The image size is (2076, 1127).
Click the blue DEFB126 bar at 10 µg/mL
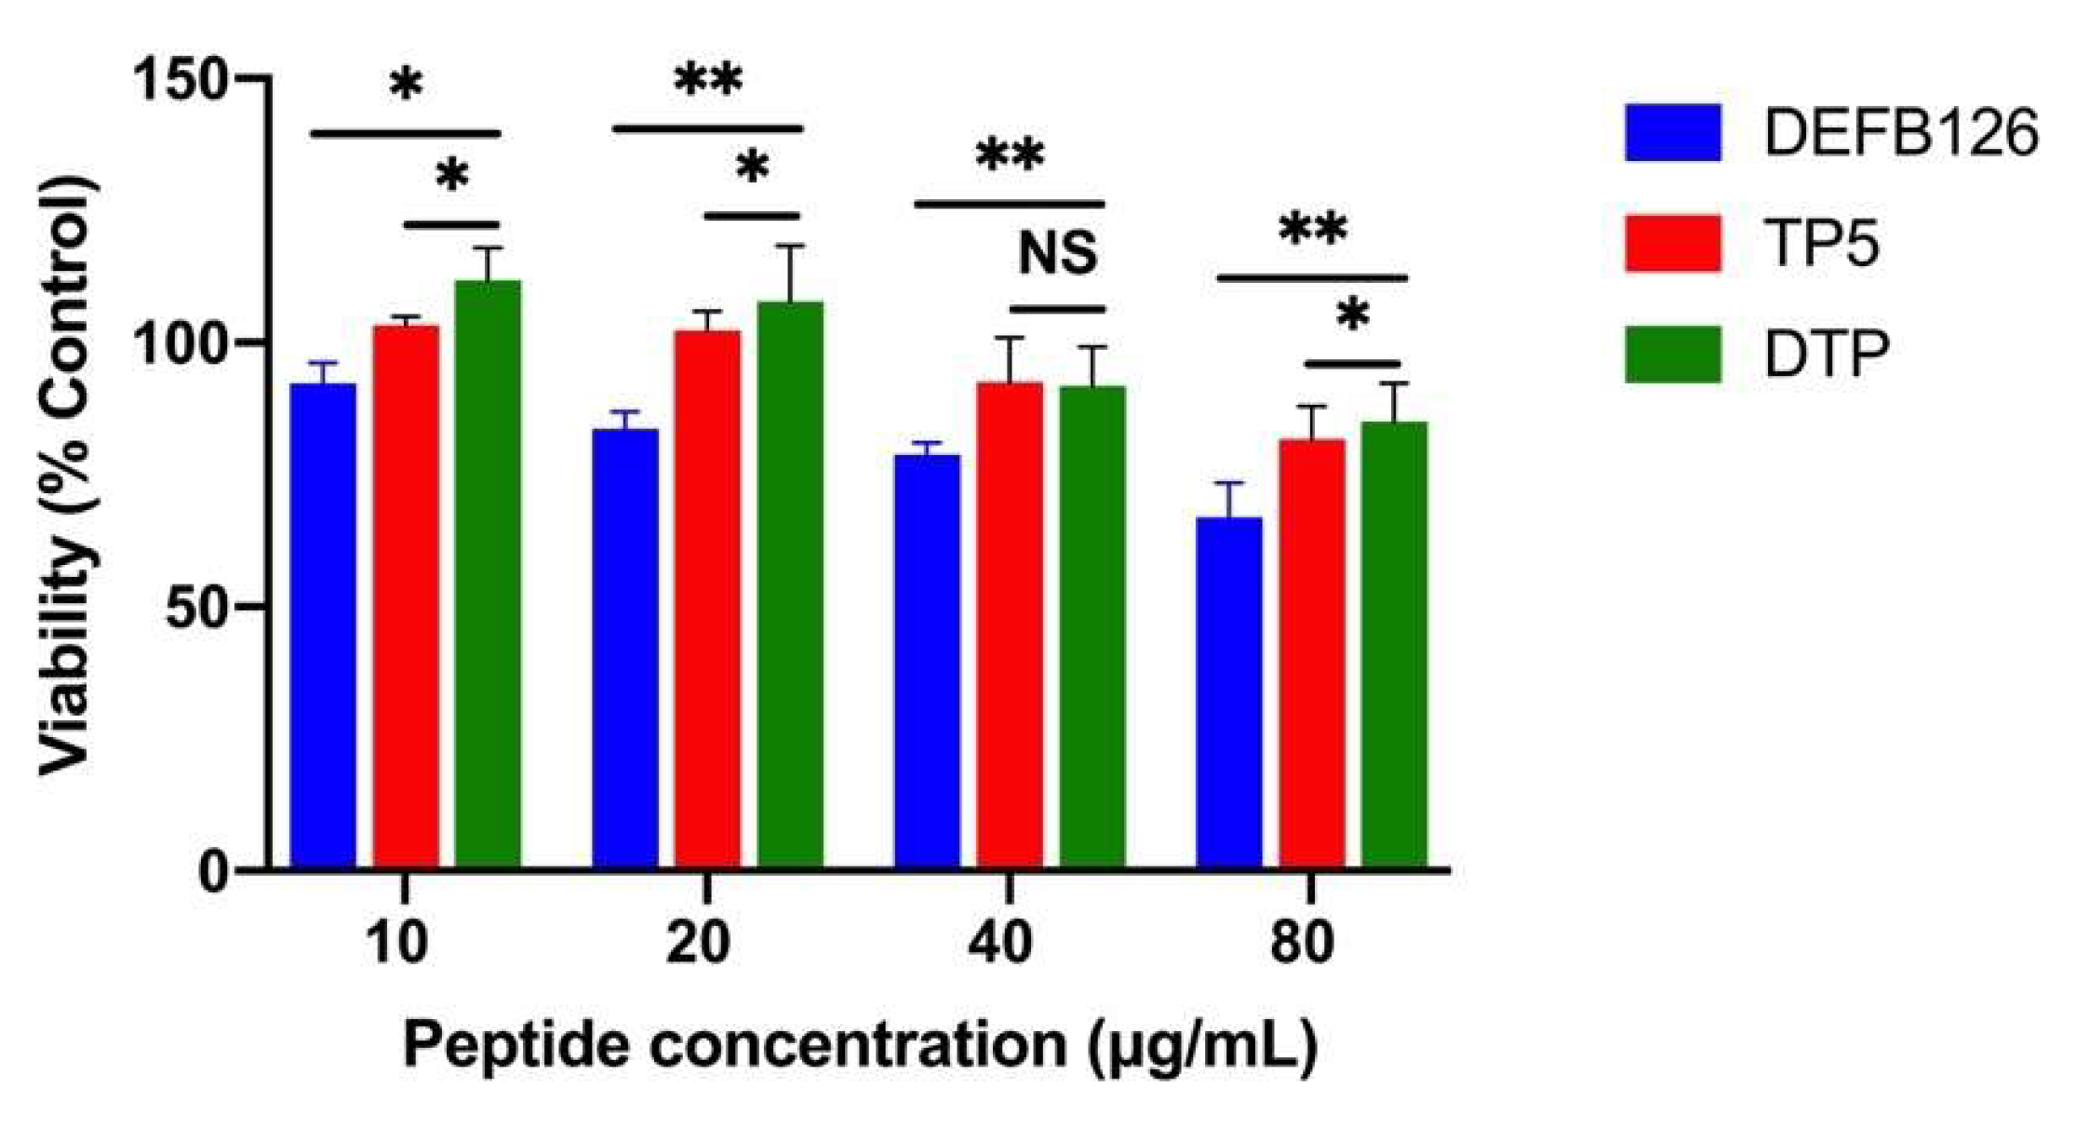coord(323,624)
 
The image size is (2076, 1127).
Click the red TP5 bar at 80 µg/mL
coord(1311,652)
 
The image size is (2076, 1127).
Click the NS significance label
coord(1058,253)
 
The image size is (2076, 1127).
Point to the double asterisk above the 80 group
coord(1312,230)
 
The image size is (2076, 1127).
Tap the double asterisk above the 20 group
coord(708,82)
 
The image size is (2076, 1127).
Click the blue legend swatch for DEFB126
coord(1672,133)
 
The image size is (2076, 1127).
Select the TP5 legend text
coord(1821,244)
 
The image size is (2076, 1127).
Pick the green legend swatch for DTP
coord(1672,354)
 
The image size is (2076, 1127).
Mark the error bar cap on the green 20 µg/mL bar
coord(789,247)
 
